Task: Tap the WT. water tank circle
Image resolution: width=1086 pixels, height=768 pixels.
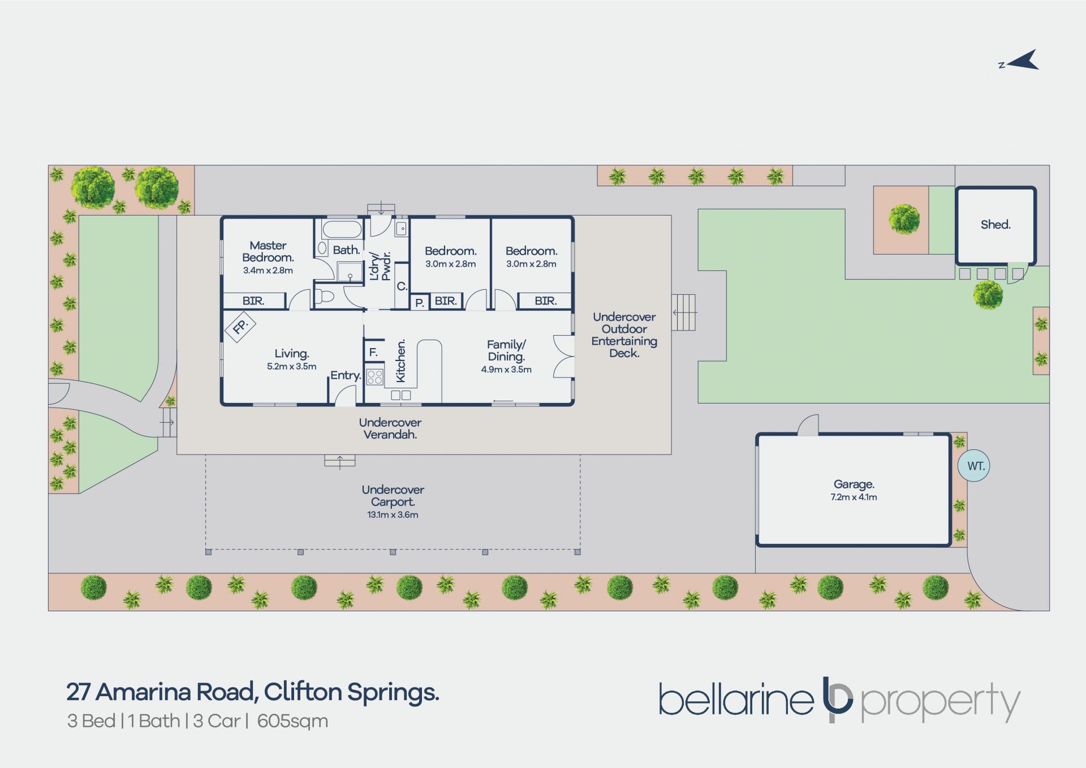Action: coord(973,466)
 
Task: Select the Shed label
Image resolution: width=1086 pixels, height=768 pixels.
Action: coord(995,225)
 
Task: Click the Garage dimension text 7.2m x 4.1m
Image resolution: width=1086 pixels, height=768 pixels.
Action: coord(854,497)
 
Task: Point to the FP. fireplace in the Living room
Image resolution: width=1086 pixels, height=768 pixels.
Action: coord(240,327)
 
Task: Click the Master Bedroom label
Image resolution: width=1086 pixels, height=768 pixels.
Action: coord(268,251)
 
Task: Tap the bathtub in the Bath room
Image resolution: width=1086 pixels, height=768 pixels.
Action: coord(342,229)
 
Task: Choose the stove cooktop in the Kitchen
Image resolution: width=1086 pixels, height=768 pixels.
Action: coord(374,377)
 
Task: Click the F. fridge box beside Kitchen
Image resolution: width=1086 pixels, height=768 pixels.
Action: coord(373,352)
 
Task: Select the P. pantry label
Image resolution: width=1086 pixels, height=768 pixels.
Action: coord(419,303)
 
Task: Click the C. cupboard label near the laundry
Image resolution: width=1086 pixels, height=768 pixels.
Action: coord(402,286)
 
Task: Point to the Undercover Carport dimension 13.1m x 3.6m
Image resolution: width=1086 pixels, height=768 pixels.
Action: coord(393,514)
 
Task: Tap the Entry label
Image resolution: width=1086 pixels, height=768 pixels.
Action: coord(346,375)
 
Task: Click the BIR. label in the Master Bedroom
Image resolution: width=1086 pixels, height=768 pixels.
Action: coord(253,301)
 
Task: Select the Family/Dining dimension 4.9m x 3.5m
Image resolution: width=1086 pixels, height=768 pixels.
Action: coord(506,370)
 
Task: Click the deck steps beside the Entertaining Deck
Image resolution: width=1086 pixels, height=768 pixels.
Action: coord(683,312)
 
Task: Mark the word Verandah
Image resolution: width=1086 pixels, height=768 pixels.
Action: coord(390,435)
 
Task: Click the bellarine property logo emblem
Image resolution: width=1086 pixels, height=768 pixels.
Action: coord(837,698)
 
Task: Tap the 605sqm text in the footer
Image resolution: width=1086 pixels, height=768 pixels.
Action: coord(292,721)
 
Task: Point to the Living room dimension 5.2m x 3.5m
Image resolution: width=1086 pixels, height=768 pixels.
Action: coord(291,366)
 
